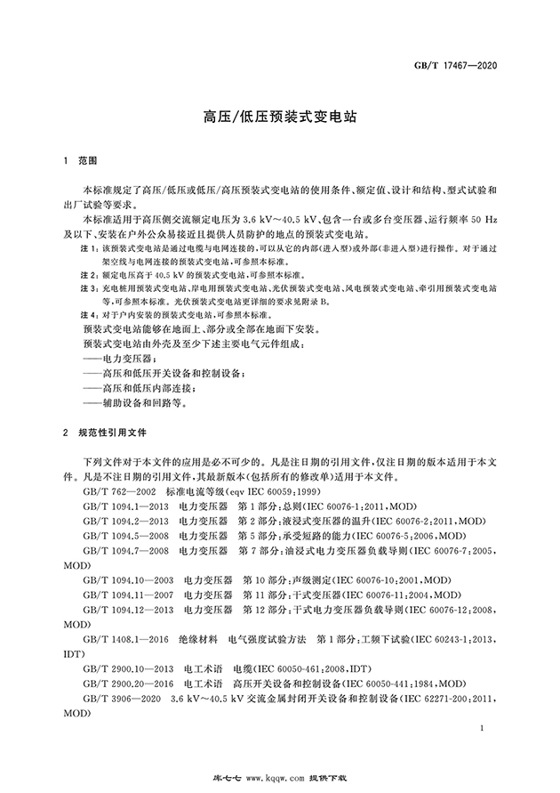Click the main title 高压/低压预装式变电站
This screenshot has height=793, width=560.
tap(280, 116)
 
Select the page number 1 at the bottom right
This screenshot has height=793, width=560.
tap(479, 728)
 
